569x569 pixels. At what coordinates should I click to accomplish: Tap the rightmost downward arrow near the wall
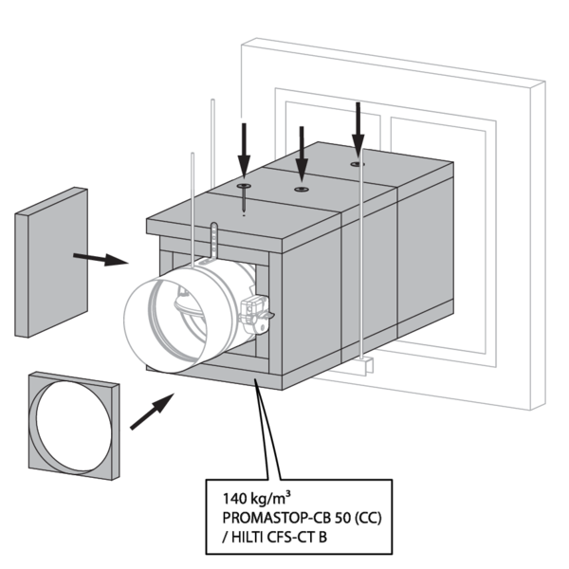pos(358,129)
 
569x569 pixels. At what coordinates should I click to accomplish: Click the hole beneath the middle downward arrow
pos(302,189)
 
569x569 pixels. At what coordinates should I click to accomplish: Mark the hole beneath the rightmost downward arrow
pos(357,164)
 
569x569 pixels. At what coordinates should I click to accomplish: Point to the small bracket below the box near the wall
pos(368,364)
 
